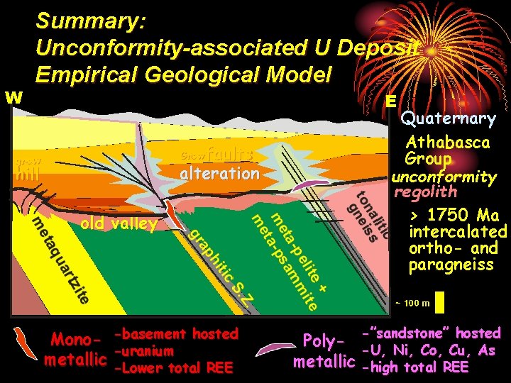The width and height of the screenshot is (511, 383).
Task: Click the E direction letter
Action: click(x=390, y=101)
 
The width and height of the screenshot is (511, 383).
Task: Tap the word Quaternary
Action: click(x=448, y=118)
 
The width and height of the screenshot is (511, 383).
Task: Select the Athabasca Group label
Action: click(x=447, y=150)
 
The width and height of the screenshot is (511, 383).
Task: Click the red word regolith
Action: click(x=426, y=191)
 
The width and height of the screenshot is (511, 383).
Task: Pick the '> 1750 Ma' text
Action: click(x=454, y=216)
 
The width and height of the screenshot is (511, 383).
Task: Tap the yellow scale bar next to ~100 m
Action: click(x=439, y=303)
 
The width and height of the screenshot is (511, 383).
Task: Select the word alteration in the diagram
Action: click(x=219, y=174)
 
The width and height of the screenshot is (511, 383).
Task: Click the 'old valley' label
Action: click(x=119, y=224)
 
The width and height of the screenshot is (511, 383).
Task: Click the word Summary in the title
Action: click(x=91, y=21)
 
